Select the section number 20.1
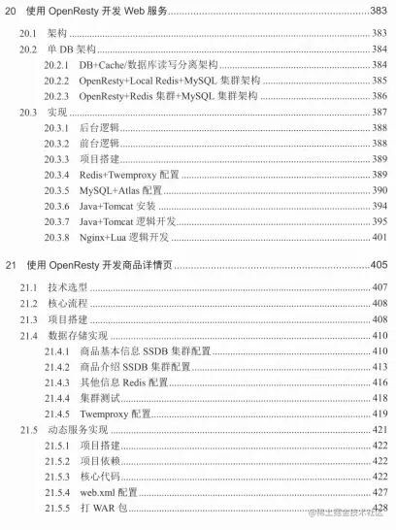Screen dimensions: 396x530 click(x=29, y=32)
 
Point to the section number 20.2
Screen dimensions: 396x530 click(x=29, y=49)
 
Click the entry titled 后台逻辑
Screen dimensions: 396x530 click(x=100, y=128)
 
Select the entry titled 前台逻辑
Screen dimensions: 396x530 click(x=100, y=144)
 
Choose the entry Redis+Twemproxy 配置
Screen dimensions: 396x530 click(x=129, y=176)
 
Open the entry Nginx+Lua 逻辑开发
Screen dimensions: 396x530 click(x=131, y=239)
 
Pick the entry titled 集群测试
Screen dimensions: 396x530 click(x=100, y=398)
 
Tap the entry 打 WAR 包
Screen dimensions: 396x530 click(x=106, y=509)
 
